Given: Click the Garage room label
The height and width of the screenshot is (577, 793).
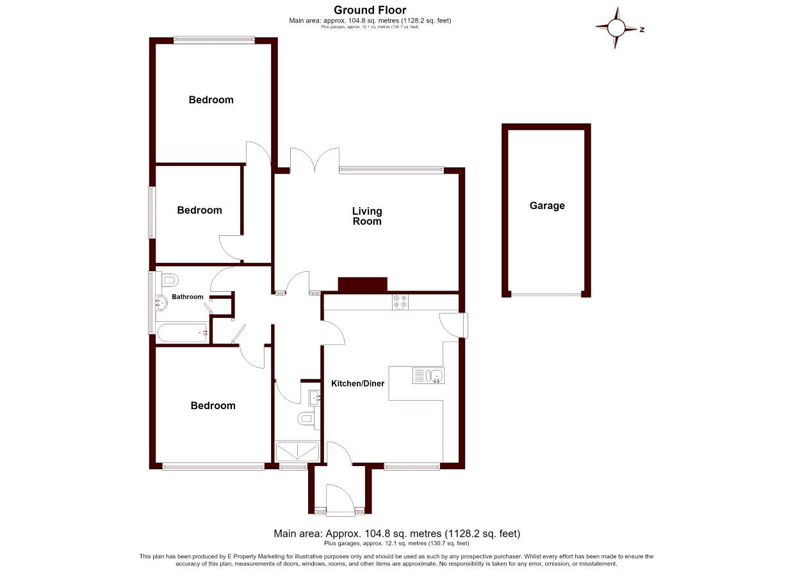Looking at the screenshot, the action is point(546,206).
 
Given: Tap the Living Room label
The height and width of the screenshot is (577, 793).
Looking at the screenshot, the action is point(367,216).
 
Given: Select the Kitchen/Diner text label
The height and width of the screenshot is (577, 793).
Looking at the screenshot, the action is point(357,383).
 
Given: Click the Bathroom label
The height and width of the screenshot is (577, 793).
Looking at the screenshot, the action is point(187,297).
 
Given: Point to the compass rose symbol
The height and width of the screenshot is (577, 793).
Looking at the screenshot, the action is point(616,28).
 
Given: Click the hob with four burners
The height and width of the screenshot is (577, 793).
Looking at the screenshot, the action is point(400,303).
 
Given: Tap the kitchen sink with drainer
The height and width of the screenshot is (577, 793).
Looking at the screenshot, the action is point(429,376).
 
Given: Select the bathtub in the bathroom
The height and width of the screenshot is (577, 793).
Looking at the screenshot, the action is point(183,333).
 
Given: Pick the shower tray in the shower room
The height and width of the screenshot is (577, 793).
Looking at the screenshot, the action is point(297,451).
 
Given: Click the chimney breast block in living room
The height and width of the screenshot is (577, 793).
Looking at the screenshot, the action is point(363,285).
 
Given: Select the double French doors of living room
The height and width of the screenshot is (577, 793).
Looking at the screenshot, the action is point(315,160).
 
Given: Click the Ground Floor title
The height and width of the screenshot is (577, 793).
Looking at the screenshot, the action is point(370,10).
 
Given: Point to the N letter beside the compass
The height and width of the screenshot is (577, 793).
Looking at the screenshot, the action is point(642,29).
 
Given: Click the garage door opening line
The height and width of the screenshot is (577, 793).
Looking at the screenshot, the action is point(546,294).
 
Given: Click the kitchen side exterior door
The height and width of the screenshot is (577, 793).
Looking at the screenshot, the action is point(453,325).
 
